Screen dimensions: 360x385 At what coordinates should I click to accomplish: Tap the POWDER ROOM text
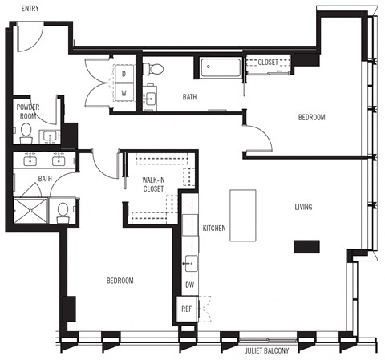click(x=28, y=111)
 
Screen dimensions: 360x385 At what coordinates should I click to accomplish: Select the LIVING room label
click(x=302, y=208)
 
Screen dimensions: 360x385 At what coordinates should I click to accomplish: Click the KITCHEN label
click(x=214, y=229)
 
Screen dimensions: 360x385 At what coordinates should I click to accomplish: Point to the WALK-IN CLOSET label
click(x=152, y=184)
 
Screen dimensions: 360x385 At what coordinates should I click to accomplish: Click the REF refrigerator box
click(x=186, y=309)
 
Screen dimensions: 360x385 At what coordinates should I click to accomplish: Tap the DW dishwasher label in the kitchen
click(x=189, y=285)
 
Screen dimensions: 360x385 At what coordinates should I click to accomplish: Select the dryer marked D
click(x=124, y=75)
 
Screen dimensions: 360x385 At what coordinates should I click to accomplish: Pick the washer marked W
click(x=124, y=92)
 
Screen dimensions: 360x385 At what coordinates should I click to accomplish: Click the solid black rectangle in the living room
click(x=306, y=247)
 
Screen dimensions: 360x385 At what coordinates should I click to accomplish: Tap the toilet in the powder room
click(x=26, y=130)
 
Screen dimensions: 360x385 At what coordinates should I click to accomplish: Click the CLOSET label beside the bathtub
click(x=268, y=62)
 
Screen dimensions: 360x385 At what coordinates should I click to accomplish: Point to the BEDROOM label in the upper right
click(x=311, y=118)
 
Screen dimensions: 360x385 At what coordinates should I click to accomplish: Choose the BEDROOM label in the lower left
click(x=120, y=281)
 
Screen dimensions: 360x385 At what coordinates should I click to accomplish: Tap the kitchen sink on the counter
click(x=190, y=261)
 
